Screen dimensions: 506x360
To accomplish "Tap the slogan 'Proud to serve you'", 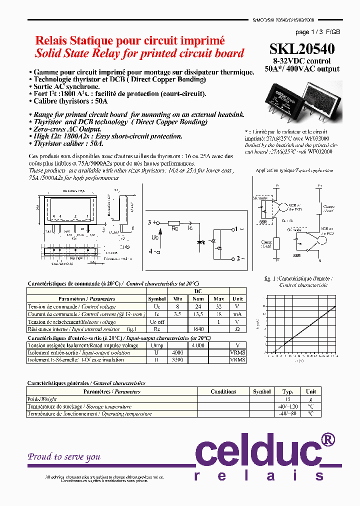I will point(64,456).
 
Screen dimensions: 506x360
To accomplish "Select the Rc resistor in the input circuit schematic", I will point(174,223).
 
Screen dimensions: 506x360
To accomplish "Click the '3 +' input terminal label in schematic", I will point(152,222).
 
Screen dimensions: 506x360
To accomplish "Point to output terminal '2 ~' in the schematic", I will point(239,258).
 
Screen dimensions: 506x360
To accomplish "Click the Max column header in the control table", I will point(218,299).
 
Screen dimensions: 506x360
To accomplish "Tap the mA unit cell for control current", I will point(237,314).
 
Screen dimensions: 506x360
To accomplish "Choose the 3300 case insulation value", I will point(178,360).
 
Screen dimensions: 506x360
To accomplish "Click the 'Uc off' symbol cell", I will point(157,322).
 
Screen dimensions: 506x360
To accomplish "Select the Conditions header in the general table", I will point(223,391).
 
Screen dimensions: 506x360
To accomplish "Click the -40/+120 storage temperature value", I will point(287,406).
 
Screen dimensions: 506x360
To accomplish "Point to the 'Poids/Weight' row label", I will point(42,399).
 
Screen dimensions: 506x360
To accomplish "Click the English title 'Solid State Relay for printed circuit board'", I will point(139,53).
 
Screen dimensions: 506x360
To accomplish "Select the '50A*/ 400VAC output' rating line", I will point(302,69).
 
